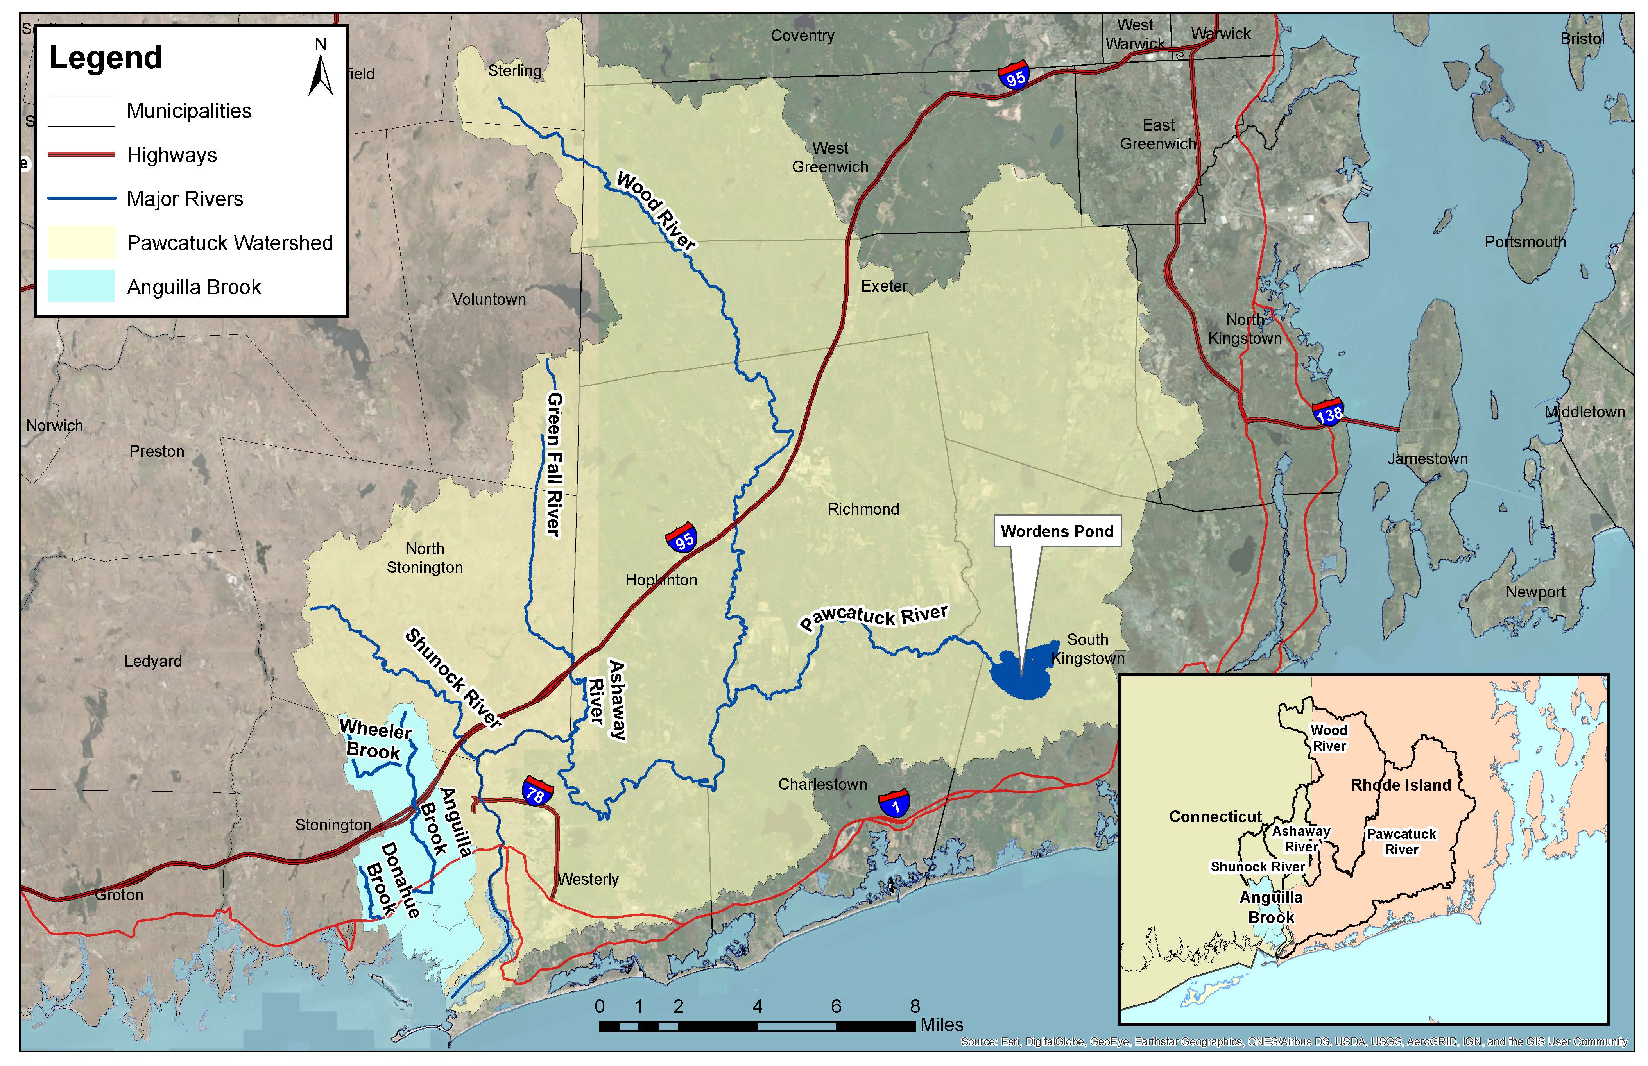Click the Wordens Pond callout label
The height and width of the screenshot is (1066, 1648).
[x=1057, y=531]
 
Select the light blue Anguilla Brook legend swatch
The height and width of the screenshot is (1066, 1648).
[x=81, y=286]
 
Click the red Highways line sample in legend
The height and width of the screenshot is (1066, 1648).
[x=81, y=154]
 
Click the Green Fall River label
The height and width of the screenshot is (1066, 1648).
[x=554, y=464]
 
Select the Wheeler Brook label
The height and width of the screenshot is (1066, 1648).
[x=374, y=739]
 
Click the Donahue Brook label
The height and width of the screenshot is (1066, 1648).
[x=393, y=879]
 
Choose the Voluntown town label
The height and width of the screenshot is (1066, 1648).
[x=489, y=299]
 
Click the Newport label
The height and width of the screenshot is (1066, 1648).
[x=1535, y=592]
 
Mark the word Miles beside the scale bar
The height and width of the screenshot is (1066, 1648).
[x=942, y=1025]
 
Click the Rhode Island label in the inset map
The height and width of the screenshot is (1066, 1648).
[x=1400, y=785]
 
